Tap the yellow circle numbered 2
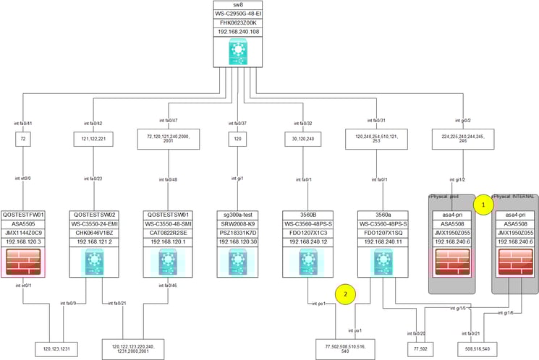pos(345,294)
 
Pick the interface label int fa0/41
pos(24,123)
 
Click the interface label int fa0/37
pos(237,123)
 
